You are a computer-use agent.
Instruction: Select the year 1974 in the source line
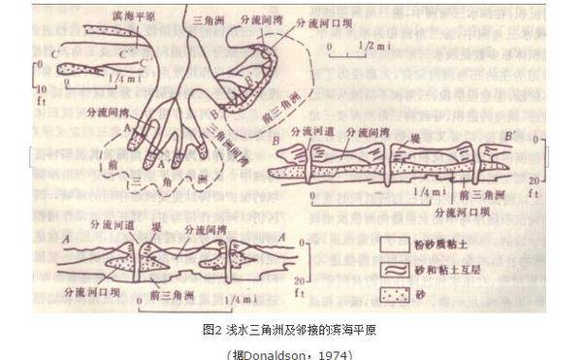pos(334,353)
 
